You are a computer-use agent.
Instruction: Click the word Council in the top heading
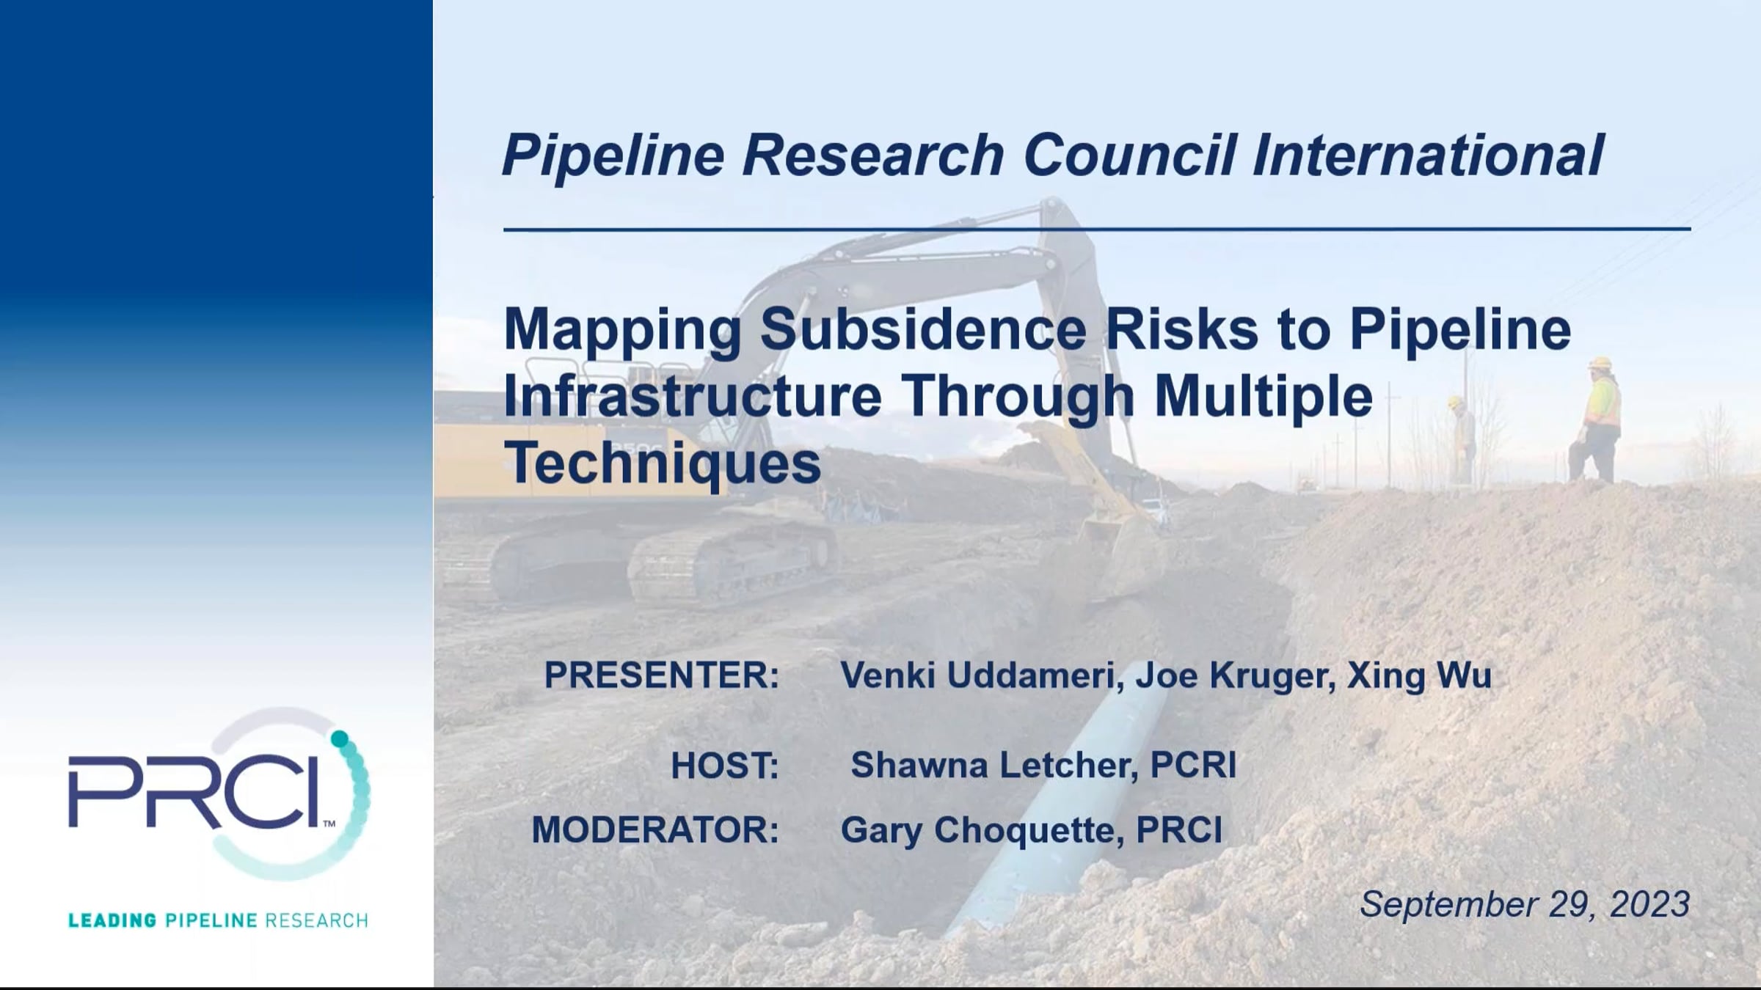coord(1130,155)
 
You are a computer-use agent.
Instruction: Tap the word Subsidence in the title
coord(923,330)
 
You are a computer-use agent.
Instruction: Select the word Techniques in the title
coord(663,463)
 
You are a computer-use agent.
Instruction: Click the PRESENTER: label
coord(661,675)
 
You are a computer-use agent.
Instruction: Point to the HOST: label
coord(724,766)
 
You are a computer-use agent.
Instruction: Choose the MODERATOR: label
coord(655,830)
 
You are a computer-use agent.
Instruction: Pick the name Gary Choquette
coord(982,831)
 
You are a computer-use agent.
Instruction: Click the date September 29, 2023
coord(1525,904)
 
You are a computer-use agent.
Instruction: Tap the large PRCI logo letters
coord(194,791)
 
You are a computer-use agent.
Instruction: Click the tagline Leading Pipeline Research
coord(218,920)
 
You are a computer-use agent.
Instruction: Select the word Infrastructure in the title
coord(693,397)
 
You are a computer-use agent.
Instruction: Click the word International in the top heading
coord(1427,155)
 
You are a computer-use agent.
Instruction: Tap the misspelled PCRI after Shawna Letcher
coord(1193,766)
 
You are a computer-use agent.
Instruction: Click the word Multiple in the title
coord(1264,397)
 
